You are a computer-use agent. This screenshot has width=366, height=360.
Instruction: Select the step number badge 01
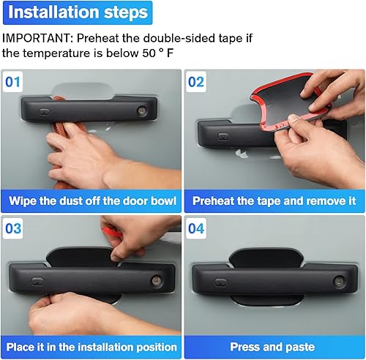coord(15,81)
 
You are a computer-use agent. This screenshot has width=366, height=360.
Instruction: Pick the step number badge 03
coord(15,228)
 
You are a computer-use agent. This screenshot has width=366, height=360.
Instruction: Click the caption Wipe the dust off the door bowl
coord(91,200)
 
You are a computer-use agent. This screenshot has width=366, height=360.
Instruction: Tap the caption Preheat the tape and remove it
coord(274,200)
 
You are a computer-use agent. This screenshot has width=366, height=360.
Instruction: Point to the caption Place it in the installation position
coord(91,347)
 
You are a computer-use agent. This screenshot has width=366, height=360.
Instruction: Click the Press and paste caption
coord(274,347)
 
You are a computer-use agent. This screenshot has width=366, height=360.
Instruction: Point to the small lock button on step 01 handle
coord(45,113)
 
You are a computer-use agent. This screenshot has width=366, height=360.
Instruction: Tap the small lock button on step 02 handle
coord(225,134)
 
